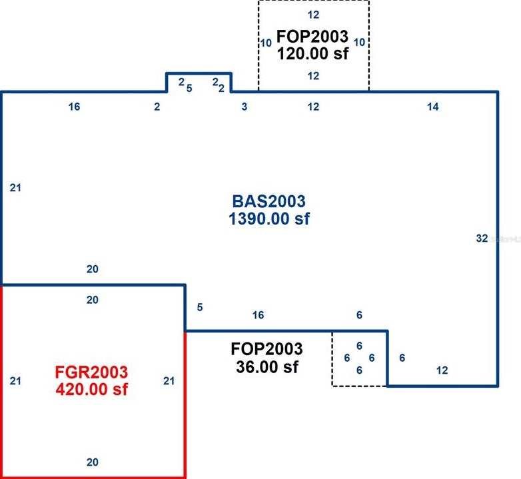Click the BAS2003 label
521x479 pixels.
pos(269,201)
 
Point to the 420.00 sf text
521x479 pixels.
pos(92,388)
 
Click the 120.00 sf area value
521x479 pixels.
pos(313,53)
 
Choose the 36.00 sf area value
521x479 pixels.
pos(266,366)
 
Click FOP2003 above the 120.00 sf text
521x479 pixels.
pos(313,36)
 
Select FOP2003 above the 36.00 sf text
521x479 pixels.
pos(266,348)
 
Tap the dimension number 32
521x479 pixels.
pos(482,238)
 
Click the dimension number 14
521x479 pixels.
pos(433,107)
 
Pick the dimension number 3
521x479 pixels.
pos(245,107)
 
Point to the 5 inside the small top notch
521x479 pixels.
pos(189,87)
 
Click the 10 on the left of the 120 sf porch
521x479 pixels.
pos(266,43)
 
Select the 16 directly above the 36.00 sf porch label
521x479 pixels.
pos(258,315)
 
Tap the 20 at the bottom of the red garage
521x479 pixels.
pos(93,462)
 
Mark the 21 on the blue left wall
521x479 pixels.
pos(16,188)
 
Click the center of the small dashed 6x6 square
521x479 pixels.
pos(359,358)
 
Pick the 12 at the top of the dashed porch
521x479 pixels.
pos(313,13)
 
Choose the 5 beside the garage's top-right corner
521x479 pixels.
pos(199,307)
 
